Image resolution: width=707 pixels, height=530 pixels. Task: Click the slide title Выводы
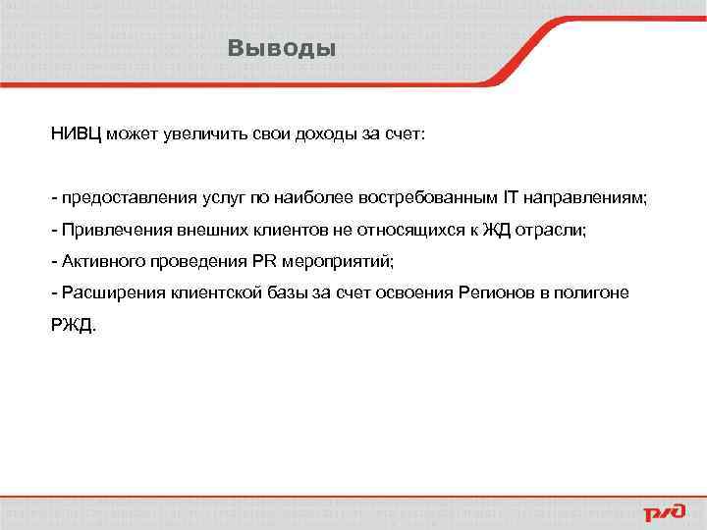tap(281, 47)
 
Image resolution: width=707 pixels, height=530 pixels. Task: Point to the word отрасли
tap(549, 230)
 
